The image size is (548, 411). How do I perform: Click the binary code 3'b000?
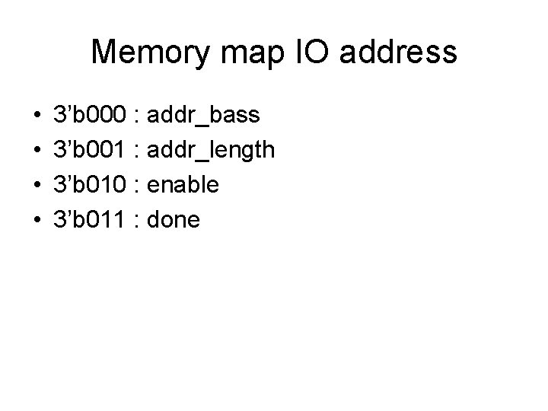tap(91, 116)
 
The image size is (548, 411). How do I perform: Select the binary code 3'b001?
tap(91, 151)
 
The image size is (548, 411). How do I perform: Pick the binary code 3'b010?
tap(91, 186)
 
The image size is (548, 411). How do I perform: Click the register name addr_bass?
tap(202, 116)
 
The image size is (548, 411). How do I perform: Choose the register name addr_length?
tap(210, 151)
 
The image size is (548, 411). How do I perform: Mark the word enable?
tap(183, 186)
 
